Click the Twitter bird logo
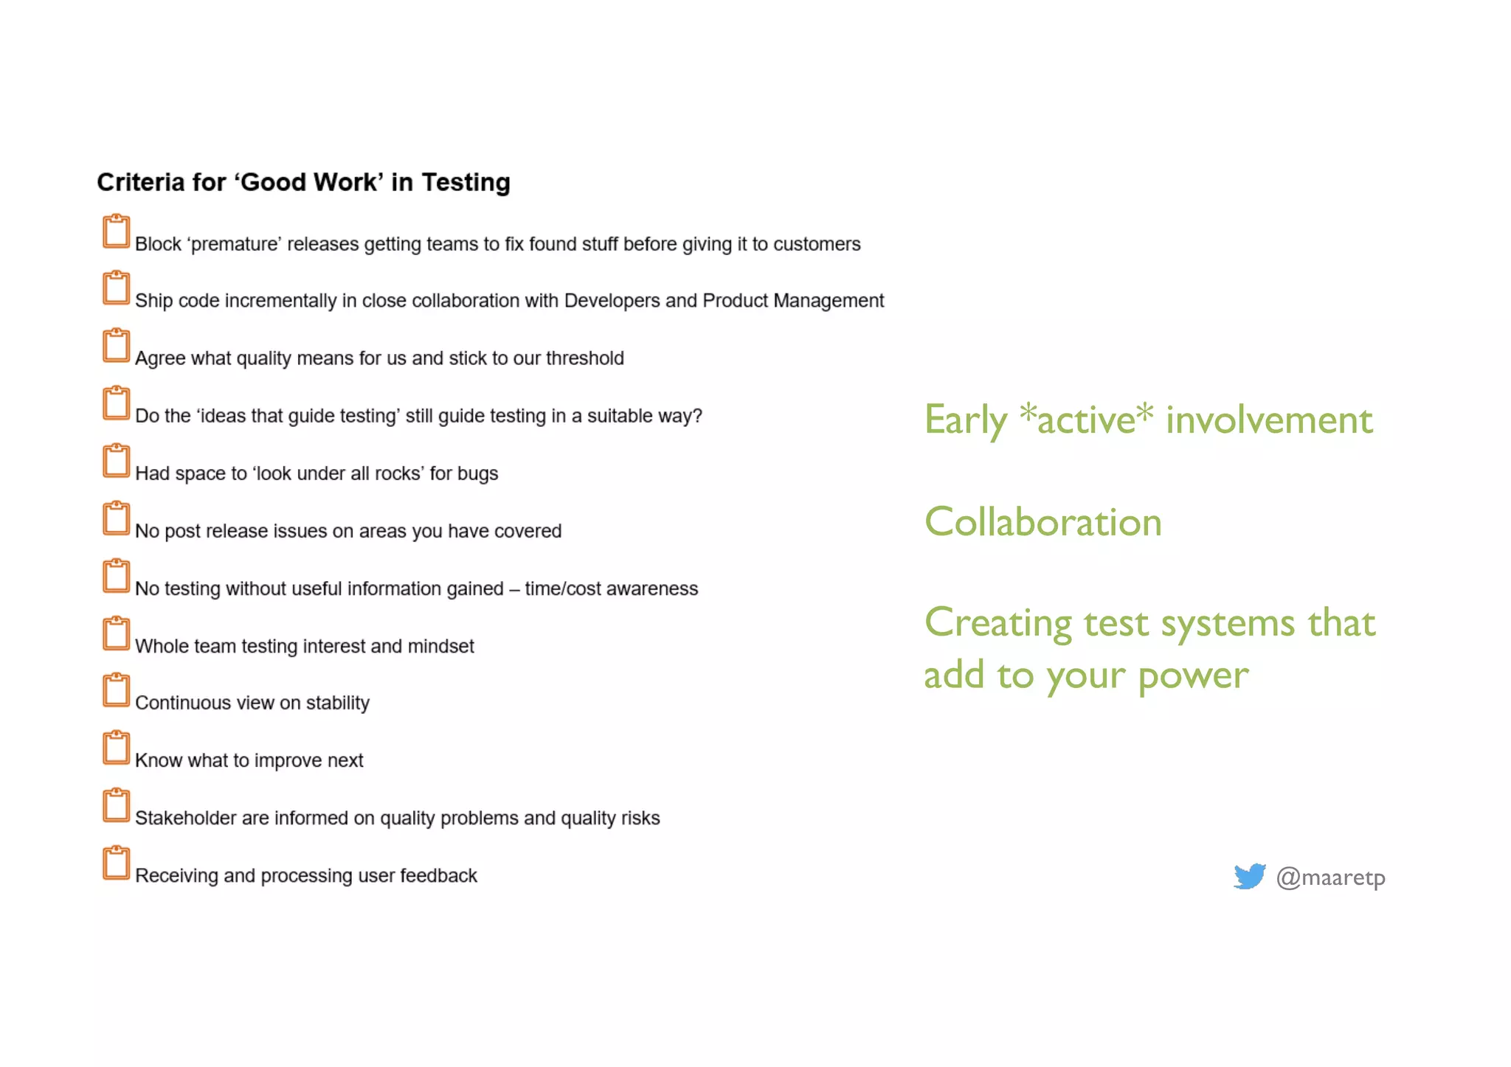(x=1249, y=876)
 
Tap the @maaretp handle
(x=1330, y=877)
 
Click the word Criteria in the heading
(x=140, y=182)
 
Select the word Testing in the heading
(x=466, y=182)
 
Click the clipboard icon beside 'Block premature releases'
(x=116, y=232)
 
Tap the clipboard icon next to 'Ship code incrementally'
(x=116, y=288)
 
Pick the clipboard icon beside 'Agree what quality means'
(x=116, y=346)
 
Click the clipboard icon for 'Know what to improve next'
(x=116, y=748)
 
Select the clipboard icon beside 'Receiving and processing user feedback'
(x=116, y=863)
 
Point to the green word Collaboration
(x=1043, y=522)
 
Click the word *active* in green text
(x=1086, y=419)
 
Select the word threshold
(x=584, y=358)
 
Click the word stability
(x=337, y=703)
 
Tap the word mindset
(x=440, y=646)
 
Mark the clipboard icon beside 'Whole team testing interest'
(x=116, y=633)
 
